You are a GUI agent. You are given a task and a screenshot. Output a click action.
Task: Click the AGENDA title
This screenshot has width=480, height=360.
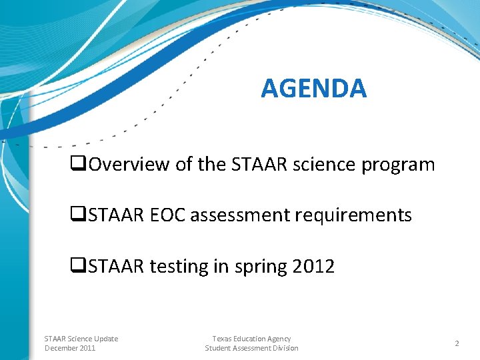click(313, 88)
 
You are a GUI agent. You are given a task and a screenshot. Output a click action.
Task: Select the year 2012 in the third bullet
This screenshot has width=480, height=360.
click(313, 267)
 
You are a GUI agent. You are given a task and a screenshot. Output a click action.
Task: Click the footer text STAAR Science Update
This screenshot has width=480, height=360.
click(81, 339)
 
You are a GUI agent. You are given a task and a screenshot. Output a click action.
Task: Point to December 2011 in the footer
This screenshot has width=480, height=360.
click(70, 348)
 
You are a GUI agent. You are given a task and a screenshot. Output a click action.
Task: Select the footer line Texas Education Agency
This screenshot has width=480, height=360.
click(251, 339)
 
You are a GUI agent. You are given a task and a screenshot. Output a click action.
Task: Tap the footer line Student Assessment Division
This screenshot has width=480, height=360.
click(251, 348)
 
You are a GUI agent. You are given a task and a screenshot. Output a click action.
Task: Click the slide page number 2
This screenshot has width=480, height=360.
click(457, 343)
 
